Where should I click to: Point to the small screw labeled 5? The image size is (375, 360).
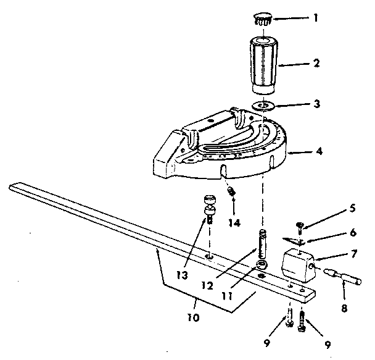[298, 227]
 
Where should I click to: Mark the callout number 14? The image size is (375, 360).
[235, 220]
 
